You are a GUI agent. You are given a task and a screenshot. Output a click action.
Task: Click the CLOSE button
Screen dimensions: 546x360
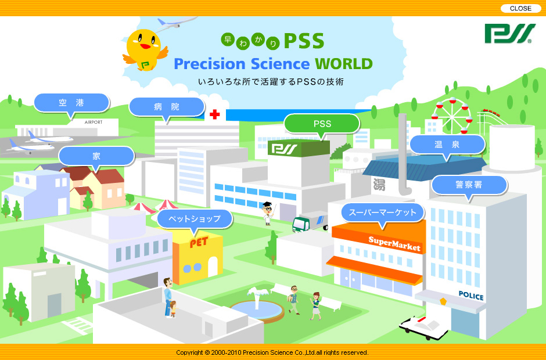[x=520, y=8]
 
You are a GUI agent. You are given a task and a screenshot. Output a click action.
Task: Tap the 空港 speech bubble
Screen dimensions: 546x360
[x=71, y=103]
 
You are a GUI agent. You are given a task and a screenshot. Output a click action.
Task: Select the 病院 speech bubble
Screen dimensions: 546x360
[x=167, y=107]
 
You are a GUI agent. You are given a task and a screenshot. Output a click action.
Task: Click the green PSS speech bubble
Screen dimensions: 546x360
[x=322, y=124]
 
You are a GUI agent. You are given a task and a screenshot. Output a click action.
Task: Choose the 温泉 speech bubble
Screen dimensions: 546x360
[x=447, y=145]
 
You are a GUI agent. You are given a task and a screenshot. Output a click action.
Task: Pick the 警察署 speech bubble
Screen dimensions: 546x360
[x=469, y=185]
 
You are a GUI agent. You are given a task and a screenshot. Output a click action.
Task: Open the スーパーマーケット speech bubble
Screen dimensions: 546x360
[x=383, y=213]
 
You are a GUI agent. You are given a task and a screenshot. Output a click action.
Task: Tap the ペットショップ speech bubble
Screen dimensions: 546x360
[x=195, y=219]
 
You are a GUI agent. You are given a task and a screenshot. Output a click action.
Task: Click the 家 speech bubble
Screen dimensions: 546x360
[x=96, y=156]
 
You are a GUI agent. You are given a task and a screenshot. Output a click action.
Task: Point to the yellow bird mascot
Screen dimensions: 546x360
[x=145, y=50]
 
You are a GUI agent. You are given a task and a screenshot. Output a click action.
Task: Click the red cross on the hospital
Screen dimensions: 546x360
[x=214, y=114]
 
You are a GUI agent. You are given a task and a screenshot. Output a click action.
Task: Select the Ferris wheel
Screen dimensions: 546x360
[x=452, y=116]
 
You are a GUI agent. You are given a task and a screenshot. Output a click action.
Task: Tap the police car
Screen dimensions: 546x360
[x=423, y=327]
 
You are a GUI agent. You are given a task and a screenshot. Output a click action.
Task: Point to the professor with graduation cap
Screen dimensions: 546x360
[x=268, y=214]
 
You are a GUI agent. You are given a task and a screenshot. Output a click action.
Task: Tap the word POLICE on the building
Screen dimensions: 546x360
[x=471, y=296]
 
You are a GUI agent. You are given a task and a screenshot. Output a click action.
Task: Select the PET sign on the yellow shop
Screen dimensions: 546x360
[x=199, y=242]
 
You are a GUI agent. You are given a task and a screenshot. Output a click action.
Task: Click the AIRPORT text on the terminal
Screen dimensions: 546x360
[x=94, y=122]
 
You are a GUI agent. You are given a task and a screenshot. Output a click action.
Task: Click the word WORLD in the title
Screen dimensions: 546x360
[x=344, y=64]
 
